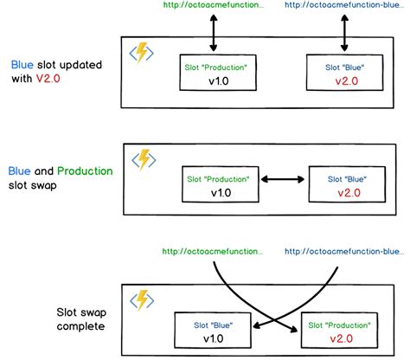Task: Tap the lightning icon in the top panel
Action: [141, 53]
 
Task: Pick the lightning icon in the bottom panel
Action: [141, 299]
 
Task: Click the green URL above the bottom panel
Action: [213, 251]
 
